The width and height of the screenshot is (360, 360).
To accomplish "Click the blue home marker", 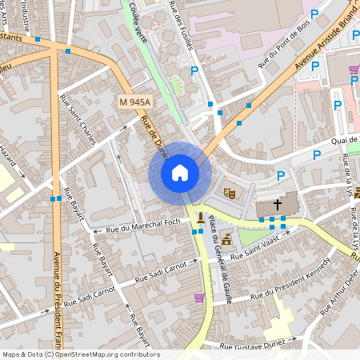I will pos(180,173).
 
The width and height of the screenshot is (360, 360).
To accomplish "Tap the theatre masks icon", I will pos(229,192).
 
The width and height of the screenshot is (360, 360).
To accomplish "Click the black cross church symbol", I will pos(278,205).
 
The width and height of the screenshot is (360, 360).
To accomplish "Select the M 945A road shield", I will pos(134,102).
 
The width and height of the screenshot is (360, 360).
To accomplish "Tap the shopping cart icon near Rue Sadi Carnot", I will pos(198,298).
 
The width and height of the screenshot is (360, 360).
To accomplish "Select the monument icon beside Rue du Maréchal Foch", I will pos(199,218).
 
